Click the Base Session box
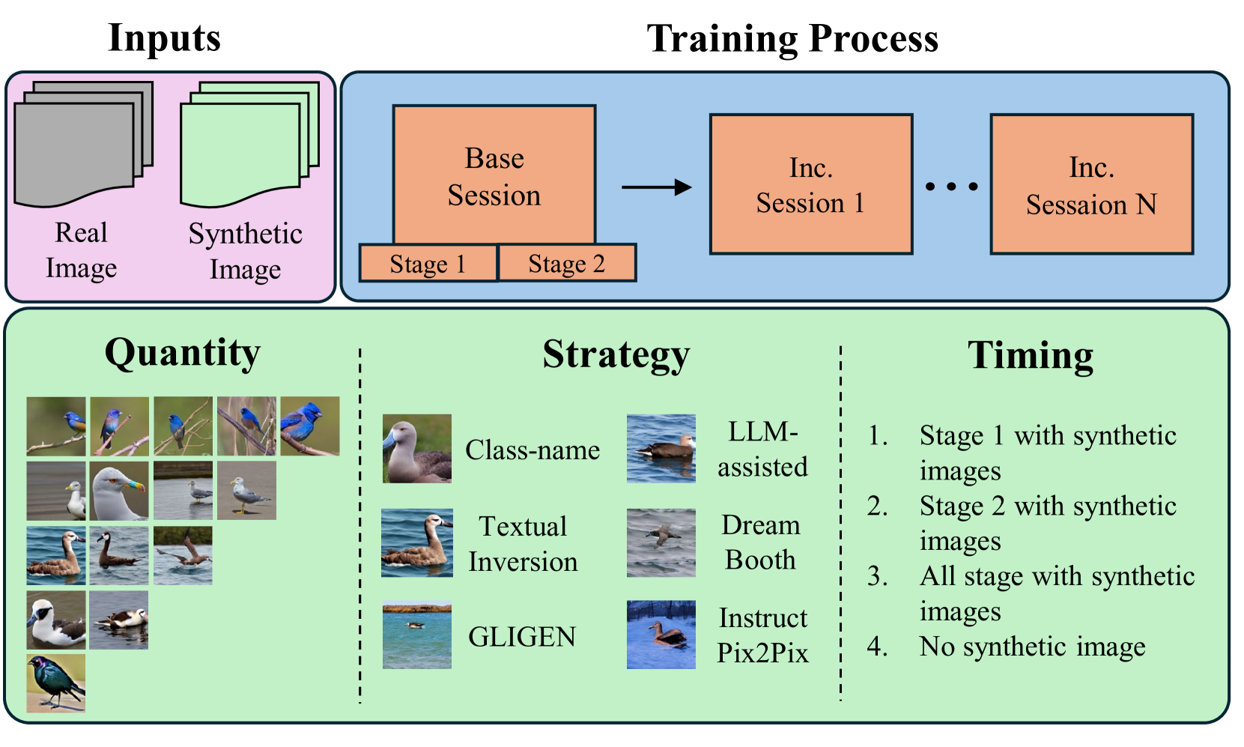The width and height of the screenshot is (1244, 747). tap(494, 175)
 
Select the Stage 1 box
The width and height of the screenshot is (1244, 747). tap(428, 264)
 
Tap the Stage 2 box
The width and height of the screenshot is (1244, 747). tap(567, 264)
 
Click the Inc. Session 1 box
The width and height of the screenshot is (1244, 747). tap(811, 184)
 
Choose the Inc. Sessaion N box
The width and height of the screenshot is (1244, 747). tap(1091, 184)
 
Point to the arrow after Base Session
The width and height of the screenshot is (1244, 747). tap(656, 187)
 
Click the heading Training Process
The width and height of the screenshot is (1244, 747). tap(792, 38)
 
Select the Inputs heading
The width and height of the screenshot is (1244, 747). tap(164, 37)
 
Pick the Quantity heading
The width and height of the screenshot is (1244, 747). tap(182, 353)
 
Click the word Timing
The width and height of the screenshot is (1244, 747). tap(1030, 355)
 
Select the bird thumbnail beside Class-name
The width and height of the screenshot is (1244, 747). tap(417, 448)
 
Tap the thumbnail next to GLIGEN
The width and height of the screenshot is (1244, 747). tap(417, 635)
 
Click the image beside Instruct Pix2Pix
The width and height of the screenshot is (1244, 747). tap(661, 635)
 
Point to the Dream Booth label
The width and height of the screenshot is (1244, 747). tap(760, 542)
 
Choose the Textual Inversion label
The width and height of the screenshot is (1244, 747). tap(523, 544)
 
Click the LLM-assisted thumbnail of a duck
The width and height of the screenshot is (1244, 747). tap(661, 448)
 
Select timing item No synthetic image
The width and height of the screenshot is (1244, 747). tap(1032, 646)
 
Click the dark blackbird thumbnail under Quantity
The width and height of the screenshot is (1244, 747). tap(56, 683)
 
